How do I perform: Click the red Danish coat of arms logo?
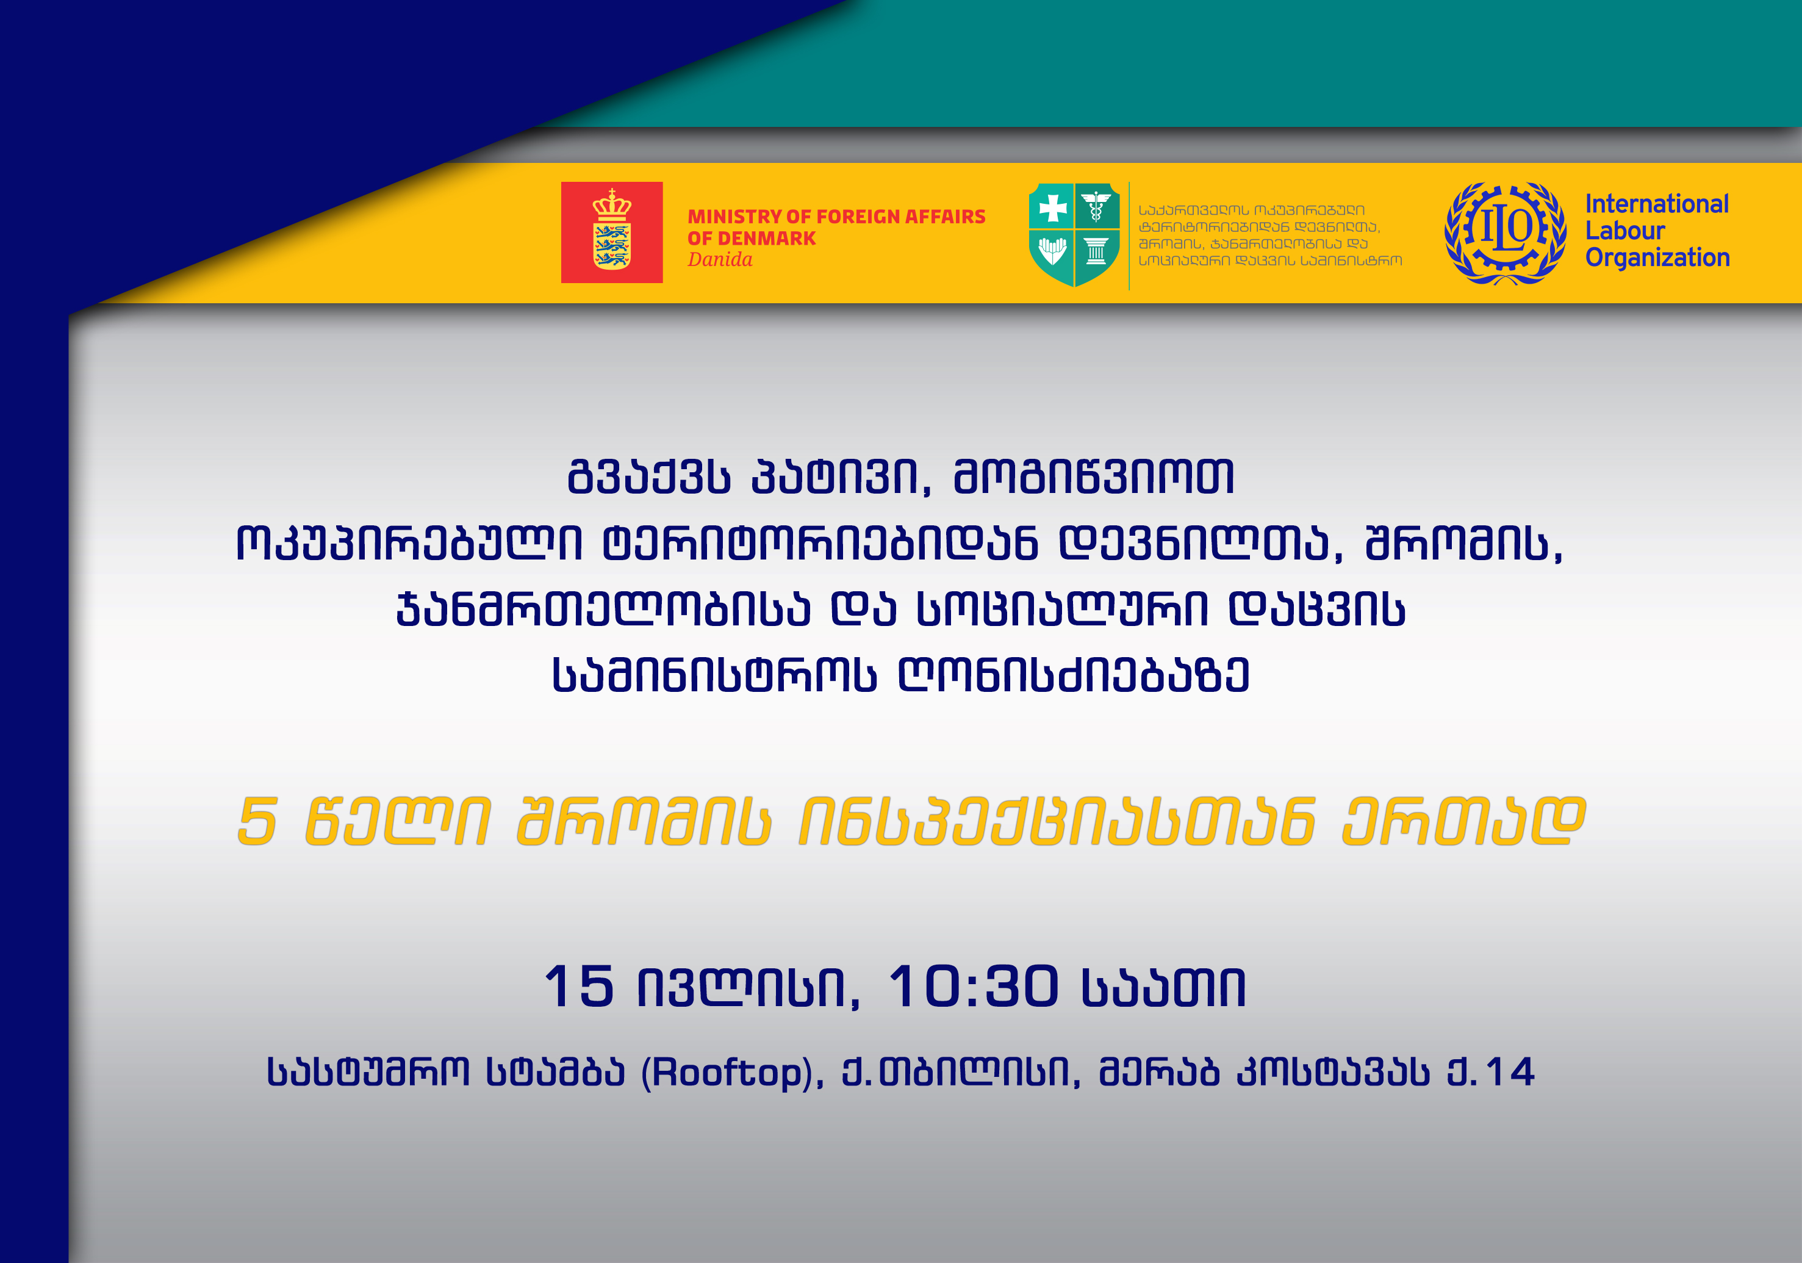tap(611, 232)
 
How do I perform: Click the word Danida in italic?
tap(720, 260)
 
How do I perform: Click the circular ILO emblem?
tap(1506, 234)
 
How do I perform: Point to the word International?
tap(1657, 204)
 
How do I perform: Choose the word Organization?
tap(1657, 258)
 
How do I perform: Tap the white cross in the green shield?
tap(1052, 208)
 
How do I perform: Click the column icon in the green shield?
tap(1096, 251)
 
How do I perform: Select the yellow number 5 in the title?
tap(258, 821)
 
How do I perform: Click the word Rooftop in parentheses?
tap(727, 1072)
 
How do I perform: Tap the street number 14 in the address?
tap(1509, 1072)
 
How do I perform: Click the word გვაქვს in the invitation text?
tap(648, 477)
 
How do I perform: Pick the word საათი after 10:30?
tap(1164, 987)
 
